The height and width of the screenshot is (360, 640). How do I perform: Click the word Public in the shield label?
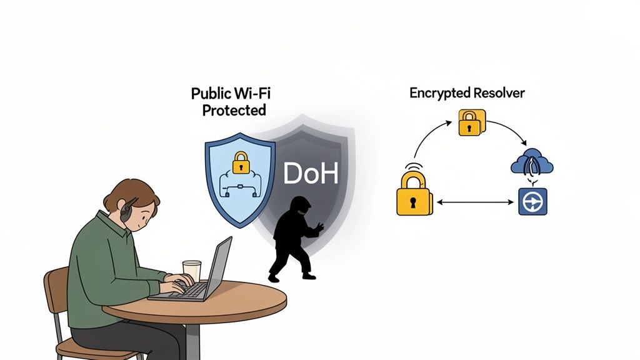click(210, 94)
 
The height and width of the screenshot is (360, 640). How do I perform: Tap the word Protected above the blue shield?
click(234, 111)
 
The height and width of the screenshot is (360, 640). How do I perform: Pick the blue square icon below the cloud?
click(532, 202)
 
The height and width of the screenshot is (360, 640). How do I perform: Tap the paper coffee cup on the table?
click(192, 271)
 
